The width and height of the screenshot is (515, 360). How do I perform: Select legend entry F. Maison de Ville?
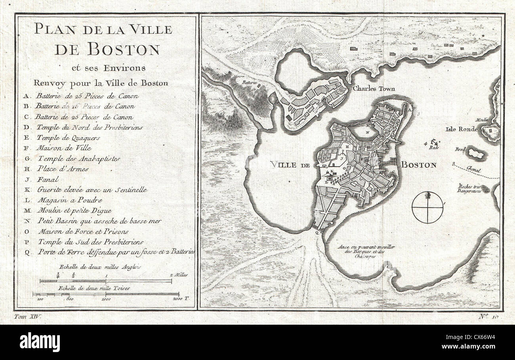(x=63, y=148)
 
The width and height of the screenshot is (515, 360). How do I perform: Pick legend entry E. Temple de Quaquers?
(x=68, y=138)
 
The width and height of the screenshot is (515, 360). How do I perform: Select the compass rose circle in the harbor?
(x=427, y=207)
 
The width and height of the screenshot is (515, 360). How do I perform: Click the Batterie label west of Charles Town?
(x=250, y=82)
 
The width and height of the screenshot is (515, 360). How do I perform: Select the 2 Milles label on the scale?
(x=179, y=275)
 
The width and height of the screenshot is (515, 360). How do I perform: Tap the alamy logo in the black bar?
(x=40, y=342)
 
